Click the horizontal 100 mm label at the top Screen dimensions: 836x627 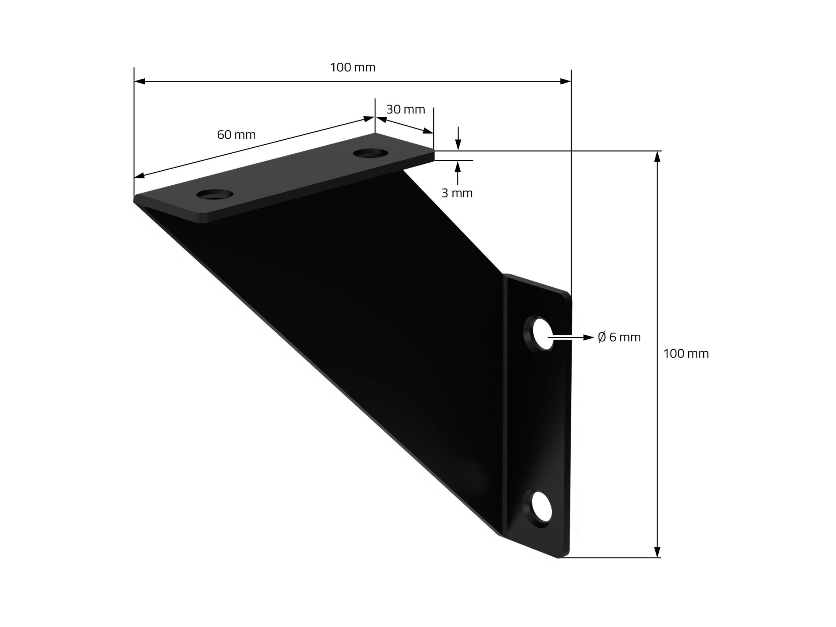pos(353,68)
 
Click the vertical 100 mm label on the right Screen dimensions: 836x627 pos(686,354)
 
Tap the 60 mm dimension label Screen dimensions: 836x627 pos(236,135)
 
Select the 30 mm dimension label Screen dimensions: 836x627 pos(405,110)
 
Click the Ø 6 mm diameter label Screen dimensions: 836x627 pos(619,337)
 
